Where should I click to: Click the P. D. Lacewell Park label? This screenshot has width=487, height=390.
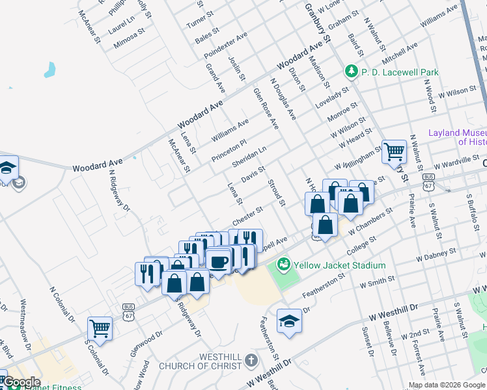400,72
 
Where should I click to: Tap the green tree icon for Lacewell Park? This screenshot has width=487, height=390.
352,71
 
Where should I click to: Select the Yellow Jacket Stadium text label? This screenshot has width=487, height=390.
339,265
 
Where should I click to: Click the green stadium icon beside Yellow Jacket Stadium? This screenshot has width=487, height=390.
283,265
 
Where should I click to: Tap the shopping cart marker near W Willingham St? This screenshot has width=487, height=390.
394,153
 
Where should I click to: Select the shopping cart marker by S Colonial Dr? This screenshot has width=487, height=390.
100,329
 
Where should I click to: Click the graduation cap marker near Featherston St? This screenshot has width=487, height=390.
289,321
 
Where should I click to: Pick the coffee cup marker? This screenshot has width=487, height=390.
217,262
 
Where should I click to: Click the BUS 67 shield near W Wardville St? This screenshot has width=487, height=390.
428,181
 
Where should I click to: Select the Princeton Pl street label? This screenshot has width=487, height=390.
229,151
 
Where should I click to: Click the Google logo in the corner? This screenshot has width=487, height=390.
21,382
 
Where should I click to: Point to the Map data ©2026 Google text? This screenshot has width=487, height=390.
445,385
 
